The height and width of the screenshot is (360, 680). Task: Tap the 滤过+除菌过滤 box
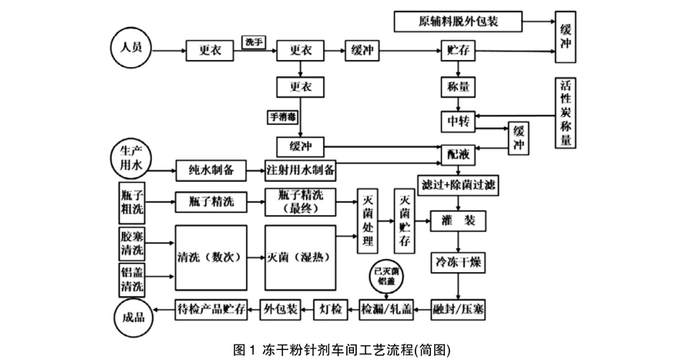[x=460, y=186]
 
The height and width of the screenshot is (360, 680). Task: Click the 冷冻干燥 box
[x=460, y=262]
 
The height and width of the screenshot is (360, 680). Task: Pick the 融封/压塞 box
[x=460, y=309]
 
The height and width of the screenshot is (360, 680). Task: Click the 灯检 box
[x=331, y=309]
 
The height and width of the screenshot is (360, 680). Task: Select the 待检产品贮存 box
[x=210, y=309]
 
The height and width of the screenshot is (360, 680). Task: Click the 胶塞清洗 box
[x=131, y=242]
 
